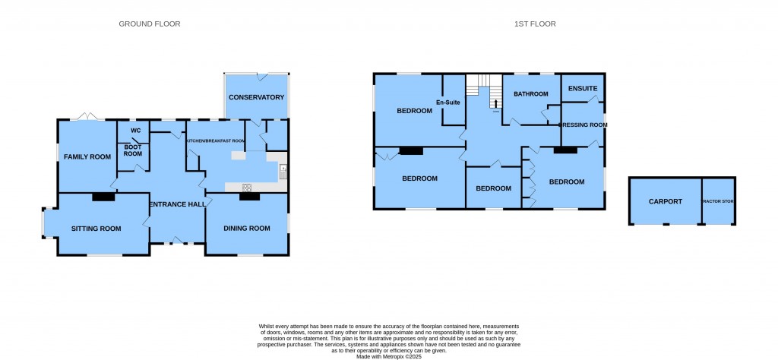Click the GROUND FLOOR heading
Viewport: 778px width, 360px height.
tap(150, 24)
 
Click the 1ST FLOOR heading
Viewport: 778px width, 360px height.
tap(534, 24)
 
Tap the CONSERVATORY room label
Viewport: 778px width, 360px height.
tap(256, 97)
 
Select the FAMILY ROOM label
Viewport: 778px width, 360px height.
tap(87, 156)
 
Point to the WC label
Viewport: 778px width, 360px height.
tap(136, 131)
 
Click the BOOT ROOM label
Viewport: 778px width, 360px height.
tap(133, 150)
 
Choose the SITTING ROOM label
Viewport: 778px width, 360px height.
tap(96, 228)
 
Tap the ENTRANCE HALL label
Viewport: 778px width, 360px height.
tap(177, 205)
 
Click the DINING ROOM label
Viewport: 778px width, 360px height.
tap(247, 228)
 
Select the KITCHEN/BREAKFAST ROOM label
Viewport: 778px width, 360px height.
tap(216, 141)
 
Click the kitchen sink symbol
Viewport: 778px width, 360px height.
tap(282, 170)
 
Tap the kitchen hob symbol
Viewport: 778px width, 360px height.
tap(247, 187)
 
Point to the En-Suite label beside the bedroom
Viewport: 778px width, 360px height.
tap(449, 103)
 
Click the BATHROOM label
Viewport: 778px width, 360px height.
tap(530, 94)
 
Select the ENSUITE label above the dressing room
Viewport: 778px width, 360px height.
tap(583, 89)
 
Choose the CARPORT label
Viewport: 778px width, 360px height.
tap(666, 202)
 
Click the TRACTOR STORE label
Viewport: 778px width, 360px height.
tap(719, 202)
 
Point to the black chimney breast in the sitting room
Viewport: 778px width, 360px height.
tap(103, 197)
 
